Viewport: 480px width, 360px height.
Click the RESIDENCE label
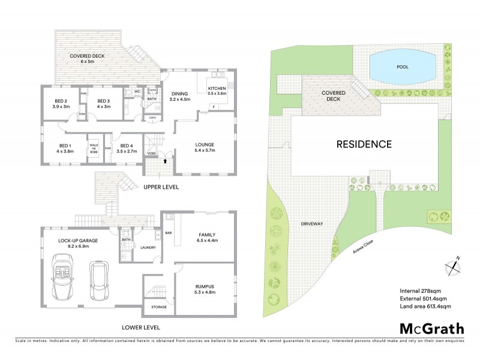tap(364, 144)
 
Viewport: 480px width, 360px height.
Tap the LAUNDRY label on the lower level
tap(148, 247)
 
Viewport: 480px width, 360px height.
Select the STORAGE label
tap(159, 307)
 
